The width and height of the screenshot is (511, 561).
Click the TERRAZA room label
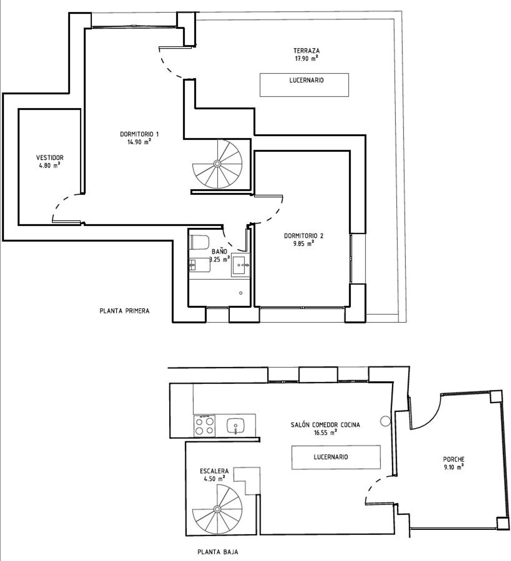click(x=307, y=51)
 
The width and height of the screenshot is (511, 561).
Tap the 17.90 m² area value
click(x=307, y=59)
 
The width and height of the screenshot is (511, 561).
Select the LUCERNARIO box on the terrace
click(x=304, y=85)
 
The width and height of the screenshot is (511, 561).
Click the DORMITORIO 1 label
click(x=139, y=134)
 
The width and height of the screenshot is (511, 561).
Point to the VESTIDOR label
click(x=50, y=158)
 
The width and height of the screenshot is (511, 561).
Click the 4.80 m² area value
click(x=50, y=166)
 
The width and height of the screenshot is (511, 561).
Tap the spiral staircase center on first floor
click(x=217, y=164)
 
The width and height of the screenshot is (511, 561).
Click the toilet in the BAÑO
click(x=199, y=242)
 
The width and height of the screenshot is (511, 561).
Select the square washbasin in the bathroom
click(x=241, y=265)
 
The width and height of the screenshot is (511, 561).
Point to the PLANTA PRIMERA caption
click(x=124, y=311)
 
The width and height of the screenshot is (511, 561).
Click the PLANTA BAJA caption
click(x=218, y=552)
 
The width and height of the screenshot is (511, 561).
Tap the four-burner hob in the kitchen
click(x=204, y=426)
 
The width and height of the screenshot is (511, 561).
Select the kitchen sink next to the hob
click(x=235, y=426)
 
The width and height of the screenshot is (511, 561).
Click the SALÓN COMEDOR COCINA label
click(x=325, y=425)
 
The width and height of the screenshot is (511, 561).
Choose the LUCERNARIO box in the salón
click(x=336, y=457)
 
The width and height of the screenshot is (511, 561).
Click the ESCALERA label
click(x=214, y=471)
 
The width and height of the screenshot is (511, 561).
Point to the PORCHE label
click(x=454, y=459)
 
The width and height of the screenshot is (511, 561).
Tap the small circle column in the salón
click(x=385, y=421)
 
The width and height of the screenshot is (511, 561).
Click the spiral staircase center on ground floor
click(x=217, y=509)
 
